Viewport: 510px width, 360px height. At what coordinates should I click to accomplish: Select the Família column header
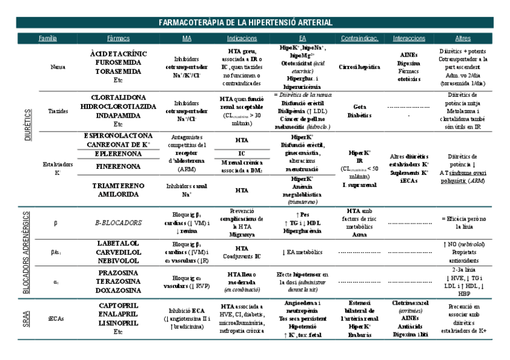(x=48, y=38)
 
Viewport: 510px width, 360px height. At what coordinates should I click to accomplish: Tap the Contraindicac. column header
(x=359, y=38)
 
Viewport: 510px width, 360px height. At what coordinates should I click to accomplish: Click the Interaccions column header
(x=408, y=38)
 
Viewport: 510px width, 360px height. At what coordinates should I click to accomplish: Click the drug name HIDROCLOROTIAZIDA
(x=118, y=106)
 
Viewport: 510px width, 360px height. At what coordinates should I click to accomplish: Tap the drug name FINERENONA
(x=118, y=165)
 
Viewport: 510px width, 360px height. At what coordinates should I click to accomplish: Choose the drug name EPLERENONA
(x=118, y=153)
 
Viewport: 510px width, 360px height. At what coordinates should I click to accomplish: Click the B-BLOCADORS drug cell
(x=118, y=222)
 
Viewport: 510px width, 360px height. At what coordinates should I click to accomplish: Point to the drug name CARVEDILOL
(x=118, y=253)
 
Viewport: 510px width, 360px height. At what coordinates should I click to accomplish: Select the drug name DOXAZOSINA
(x=118, y=290)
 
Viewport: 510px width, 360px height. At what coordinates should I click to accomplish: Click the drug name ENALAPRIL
(x=118, y=314)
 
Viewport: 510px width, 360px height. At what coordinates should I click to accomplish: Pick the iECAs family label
(x=56, y=318)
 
